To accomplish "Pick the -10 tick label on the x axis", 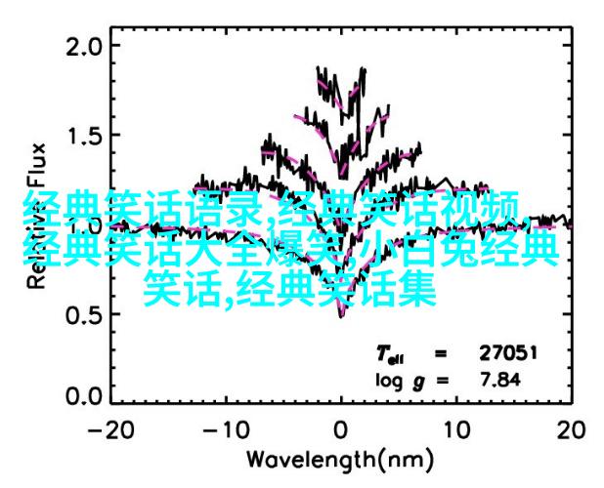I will click(x=225, y=430).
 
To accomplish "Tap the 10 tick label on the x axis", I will click(x=454, y=430).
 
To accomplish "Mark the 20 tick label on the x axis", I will click(x=570, y=430).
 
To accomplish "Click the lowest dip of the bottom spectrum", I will click(x=341, y=314).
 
